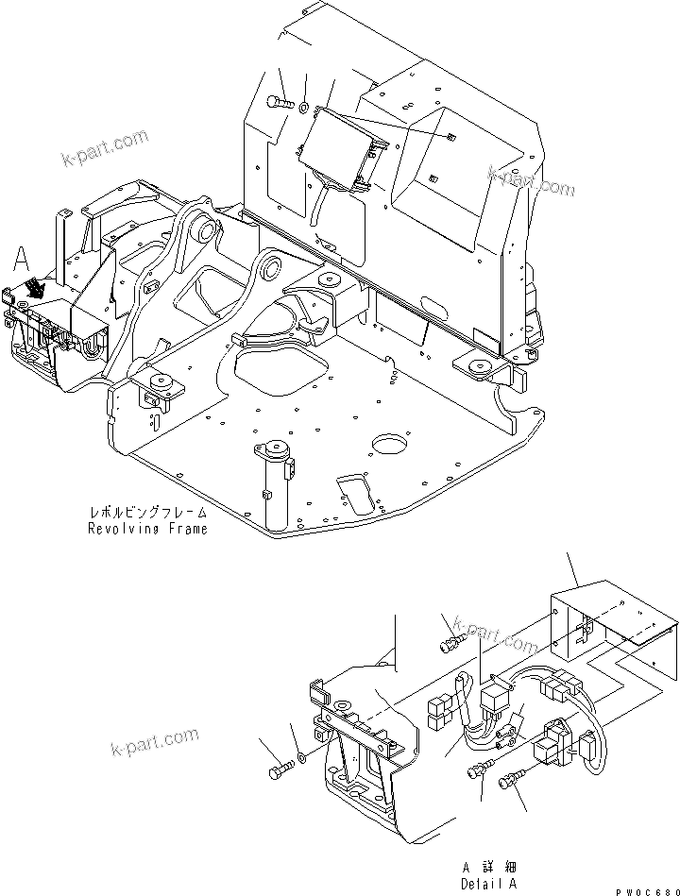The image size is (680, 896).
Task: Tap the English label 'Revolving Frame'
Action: pos(146,529)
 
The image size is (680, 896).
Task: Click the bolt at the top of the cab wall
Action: pos(280,102)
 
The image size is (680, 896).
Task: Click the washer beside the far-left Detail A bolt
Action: pos(300,757)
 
